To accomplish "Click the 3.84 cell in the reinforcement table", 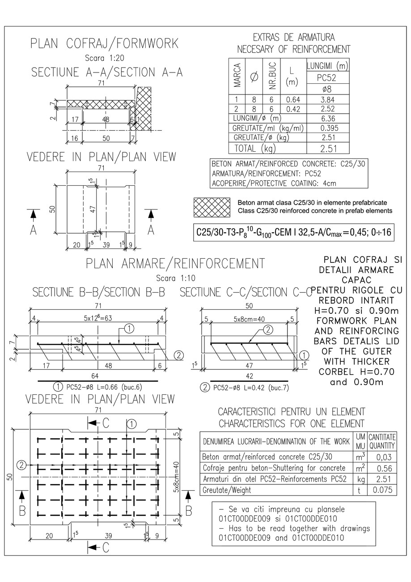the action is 327,99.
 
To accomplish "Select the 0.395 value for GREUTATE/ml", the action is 327,128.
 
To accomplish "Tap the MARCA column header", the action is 238,76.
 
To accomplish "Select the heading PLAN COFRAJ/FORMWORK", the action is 104,43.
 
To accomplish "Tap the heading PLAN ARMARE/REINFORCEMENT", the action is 175,263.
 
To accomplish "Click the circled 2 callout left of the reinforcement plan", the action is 21,465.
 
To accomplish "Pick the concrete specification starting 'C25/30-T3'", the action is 293,233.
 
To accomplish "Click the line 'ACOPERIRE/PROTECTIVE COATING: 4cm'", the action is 274,183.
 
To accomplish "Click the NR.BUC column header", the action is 272,76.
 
